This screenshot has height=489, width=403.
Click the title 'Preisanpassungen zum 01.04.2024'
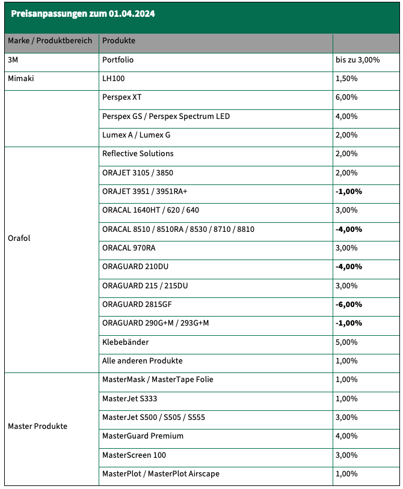pos(83,13)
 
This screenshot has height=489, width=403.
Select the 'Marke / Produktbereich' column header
pos(50,41)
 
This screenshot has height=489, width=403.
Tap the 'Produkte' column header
pos(119,41)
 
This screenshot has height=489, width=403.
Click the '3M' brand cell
pos(14,60)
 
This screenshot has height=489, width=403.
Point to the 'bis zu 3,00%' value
pos(357,60)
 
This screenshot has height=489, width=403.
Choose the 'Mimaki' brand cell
pos(21,79)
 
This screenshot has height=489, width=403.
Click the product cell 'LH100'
pos(114,79)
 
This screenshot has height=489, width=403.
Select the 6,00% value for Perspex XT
pos(346,97)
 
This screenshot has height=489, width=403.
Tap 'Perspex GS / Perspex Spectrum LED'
pos(166,116)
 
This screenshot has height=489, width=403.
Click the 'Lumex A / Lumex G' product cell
pos(137,135)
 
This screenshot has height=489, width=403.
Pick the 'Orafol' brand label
pos(19,238)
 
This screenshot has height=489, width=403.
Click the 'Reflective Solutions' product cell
pos(138,154)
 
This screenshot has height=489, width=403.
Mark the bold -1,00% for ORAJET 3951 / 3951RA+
pos(349,192)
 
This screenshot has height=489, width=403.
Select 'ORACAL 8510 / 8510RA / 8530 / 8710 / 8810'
pos(179,229)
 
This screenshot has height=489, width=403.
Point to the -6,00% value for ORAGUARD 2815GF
pos(349,305)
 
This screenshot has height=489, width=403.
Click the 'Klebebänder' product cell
pos(126,342)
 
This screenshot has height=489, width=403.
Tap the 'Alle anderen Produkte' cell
pos(143,361)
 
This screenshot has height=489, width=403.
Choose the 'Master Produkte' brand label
pos(37,427)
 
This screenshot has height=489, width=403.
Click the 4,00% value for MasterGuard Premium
pos(346,436)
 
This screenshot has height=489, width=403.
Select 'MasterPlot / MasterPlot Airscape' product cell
pos(161,474)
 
